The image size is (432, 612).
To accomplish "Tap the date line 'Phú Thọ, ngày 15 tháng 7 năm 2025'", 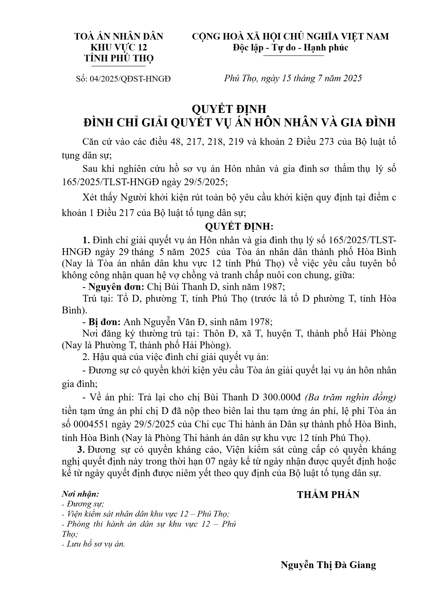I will click(293, 78).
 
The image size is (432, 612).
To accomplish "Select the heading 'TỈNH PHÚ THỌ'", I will click(119, 58).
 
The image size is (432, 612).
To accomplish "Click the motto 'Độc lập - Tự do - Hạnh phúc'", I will click(290, 47).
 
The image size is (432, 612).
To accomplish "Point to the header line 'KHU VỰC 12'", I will click(119, 47).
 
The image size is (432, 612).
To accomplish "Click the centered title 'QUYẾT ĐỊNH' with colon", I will click(239, 226).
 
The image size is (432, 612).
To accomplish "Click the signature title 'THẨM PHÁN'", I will click(328, 494).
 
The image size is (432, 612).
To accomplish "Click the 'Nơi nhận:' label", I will click(80, 494).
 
